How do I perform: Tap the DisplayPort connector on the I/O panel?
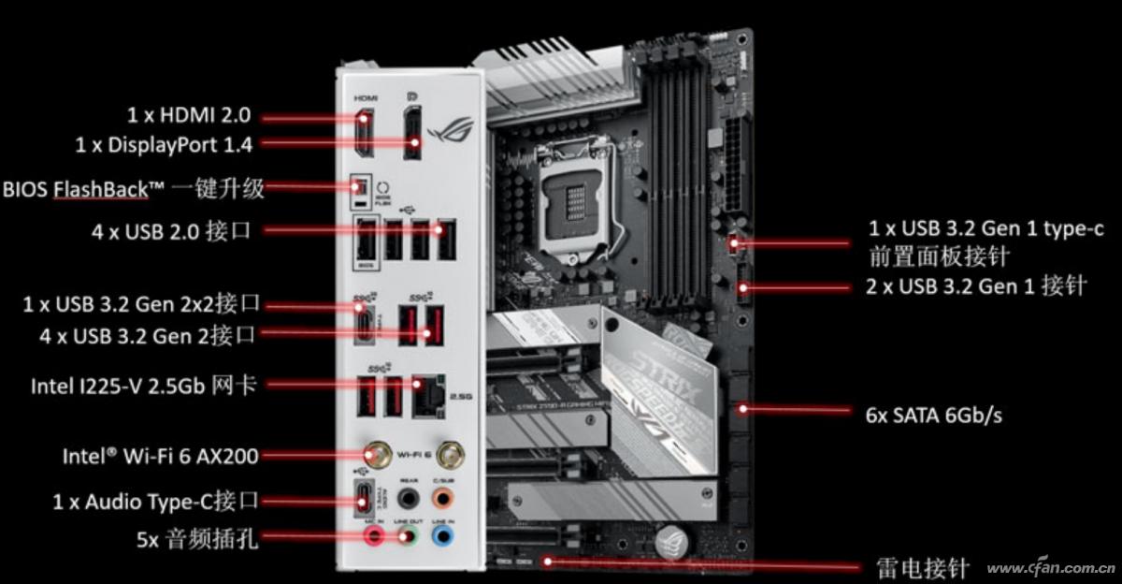412,134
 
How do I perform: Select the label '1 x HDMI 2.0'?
189,115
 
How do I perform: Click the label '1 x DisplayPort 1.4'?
164,144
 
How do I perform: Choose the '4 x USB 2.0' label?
171,231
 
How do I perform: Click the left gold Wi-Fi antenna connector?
379,456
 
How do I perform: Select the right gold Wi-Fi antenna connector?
450,456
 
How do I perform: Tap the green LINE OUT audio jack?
407,535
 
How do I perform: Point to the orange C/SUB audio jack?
443,497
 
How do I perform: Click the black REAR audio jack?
408,497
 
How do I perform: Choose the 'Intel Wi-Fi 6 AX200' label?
160,456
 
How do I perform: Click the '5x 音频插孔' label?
196,538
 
